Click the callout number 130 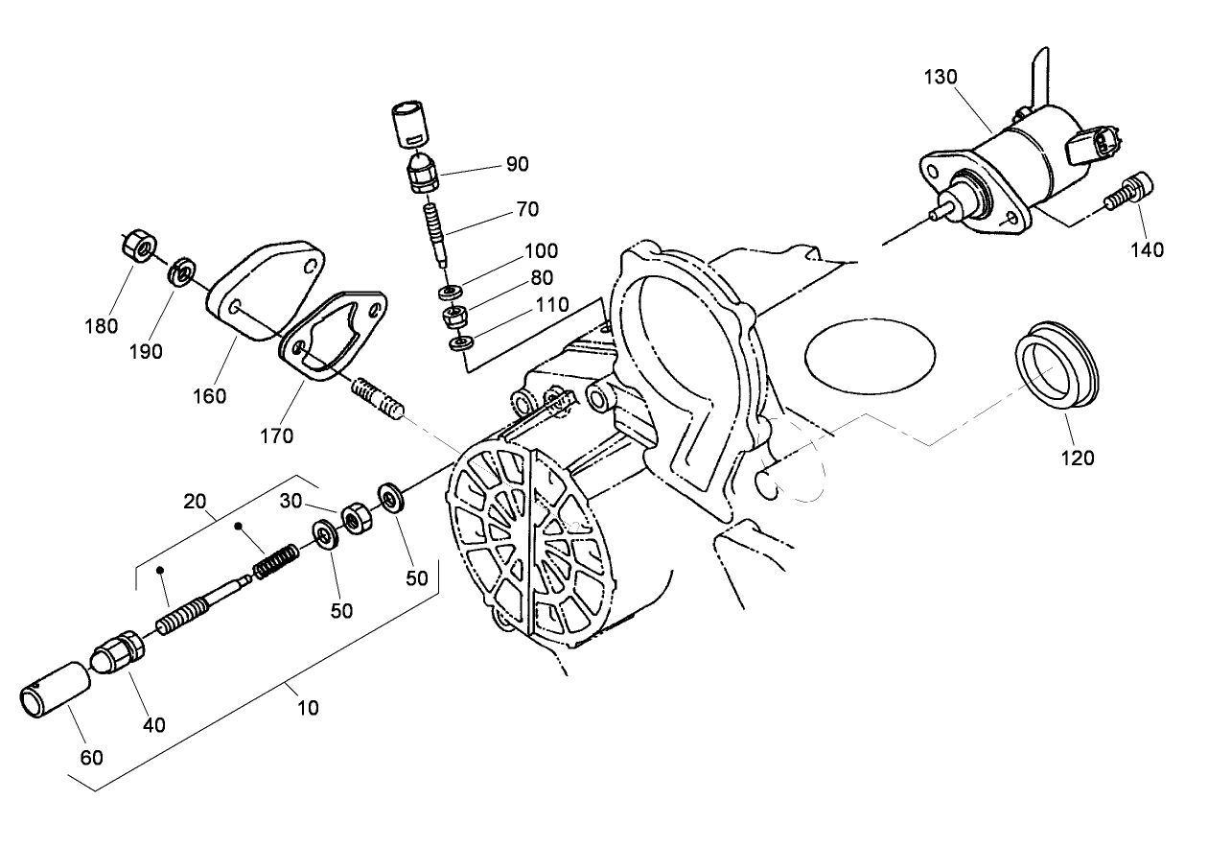pyautogui.click(x=940, y=77)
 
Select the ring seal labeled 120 pyautogui.click(x=1057, y=369)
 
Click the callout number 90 pyautogui.click(x=517, y=164)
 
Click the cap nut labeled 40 pyautogui.click(x=119, y=654)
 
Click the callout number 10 pyautogui.click(x=307, y=708)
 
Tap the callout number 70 pyautogui.click(x=527, y=208)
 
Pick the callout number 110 pyautogui.click(x=551, y=305)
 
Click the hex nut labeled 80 pyautogui.click(x=454, y=315)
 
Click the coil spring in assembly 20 pyautogui.click(x=275, y=562)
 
